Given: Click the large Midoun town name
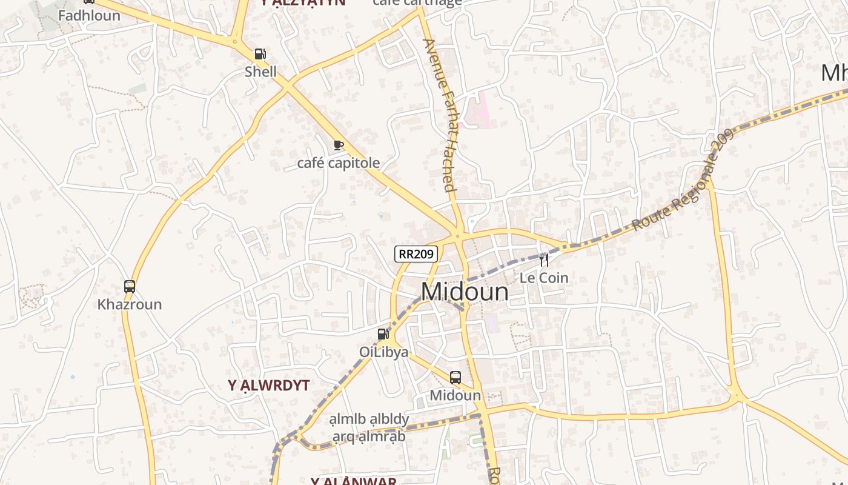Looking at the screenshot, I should (x=465, y=292).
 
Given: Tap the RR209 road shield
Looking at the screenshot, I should (x=416, y=254).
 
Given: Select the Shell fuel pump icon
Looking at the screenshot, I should (x=260, y=54).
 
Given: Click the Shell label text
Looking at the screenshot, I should (x=260, y=72).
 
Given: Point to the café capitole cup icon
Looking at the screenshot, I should (x=339, y=145).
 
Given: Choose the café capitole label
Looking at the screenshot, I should (x=339, y=163).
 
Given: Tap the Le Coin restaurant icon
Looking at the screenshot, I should (x=544, y=259).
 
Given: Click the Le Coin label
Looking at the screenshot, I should (x=544, y=278).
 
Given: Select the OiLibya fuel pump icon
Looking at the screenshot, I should (x=383, y=333).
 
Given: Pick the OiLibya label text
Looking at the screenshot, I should (x=384, y=352).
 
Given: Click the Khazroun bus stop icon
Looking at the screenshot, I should (x=130, y=286).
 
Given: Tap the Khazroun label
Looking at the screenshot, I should (x=130, y=304).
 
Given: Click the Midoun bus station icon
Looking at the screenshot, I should (x=455, y=377).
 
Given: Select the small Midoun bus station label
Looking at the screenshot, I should (x=455, y=396).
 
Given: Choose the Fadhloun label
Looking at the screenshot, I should (x=89, y=16).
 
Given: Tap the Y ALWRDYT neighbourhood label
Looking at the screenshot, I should (x=268, y=386).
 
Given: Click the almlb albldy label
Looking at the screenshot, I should (x=369, y=419).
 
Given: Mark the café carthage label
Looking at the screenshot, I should (x=417, y=2).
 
